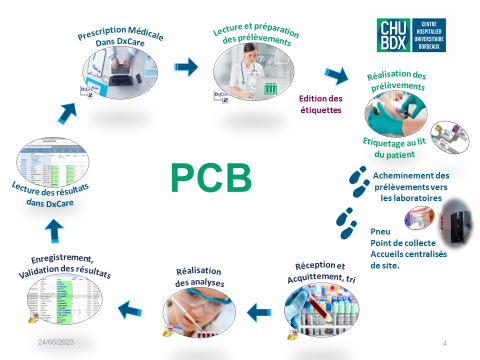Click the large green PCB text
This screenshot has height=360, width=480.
(x=209, y=177)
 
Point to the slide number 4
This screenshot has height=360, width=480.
(x=444, y=343)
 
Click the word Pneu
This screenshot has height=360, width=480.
(x=381, y=229)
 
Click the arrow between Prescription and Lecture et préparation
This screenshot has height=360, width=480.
(x=187, y=68)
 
